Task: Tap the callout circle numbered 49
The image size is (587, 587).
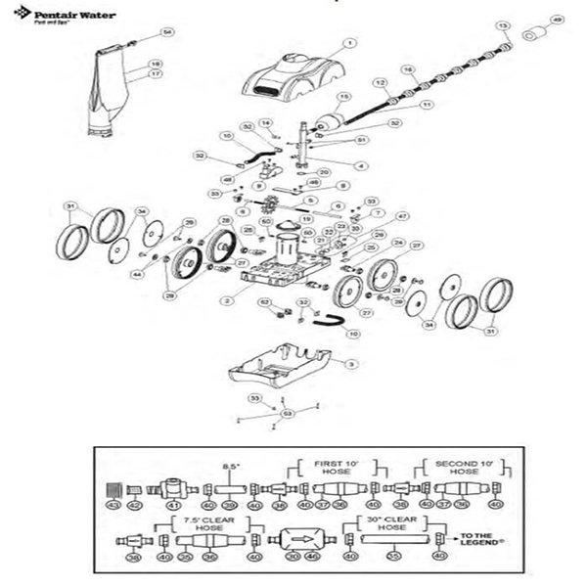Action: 557,19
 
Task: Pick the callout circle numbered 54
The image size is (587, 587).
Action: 166,33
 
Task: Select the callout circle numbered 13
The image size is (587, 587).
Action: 504,23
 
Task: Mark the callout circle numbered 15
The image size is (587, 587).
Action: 343,97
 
